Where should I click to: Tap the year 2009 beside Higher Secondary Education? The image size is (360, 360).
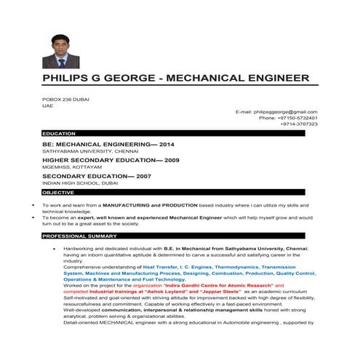pos(172,159)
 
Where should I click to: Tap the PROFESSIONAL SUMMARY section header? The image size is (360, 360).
pos(80,236)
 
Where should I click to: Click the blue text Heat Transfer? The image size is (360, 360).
pos(161,267)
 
